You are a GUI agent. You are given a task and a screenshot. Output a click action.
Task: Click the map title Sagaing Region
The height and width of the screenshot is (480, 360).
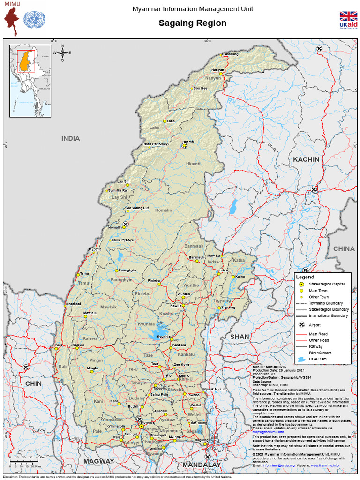192,23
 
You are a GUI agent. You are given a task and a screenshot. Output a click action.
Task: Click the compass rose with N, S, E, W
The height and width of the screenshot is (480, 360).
63,52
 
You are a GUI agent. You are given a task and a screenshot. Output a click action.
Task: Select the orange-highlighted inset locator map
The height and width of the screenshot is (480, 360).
30,81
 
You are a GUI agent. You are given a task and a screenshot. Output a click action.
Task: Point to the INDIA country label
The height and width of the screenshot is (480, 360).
70,138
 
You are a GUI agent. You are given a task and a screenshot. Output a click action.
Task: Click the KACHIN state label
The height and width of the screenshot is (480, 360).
306,159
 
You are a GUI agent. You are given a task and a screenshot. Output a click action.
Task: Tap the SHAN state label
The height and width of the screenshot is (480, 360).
240,337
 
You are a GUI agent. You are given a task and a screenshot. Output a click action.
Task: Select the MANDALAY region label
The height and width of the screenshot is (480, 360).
202,465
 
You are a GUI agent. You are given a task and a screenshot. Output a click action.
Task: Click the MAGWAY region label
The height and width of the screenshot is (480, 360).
98,461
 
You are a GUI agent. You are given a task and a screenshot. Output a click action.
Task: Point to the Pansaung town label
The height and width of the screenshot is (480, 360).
230,54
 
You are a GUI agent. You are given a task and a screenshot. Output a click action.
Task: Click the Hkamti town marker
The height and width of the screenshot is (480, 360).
184,146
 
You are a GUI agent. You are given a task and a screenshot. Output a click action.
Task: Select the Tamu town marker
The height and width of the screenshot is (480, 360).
78,275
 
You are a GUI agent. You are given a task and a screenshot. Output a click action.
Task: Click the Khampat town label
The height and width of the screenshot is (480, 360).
74,304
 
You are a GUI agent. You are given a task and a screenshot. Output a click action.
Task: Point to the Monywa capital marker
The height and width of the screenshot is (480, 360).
142,426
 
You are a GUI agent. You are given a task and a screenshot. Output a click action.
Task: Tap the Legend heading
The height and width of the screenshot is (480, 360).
305,277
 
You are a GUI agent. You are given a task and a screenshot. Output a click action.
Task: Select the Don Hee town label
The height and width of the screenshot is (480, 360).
200,88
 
